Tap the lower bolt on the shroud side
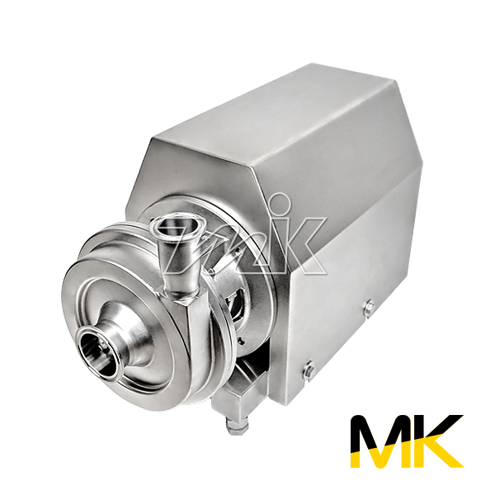[x=309, y=370]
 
